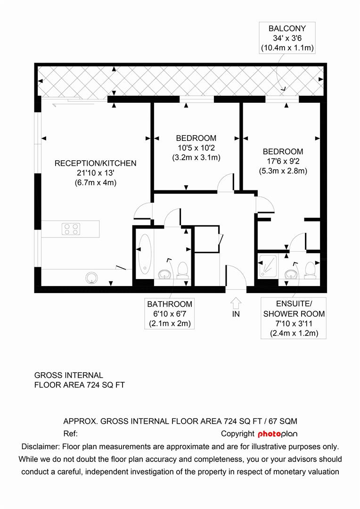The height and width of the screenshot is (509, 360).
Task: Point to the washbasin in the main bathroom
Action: (164, 274)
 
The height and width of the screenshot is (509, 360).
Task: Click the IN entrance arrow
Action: (236, 302)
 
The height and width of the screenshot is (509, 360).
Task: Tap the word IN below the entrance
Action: (236, 314)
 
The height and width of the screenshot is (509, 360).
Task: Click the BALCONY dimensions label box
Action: (287, 38)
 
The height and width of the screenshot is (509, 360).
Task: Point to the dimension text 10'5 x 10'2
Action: (196, 148)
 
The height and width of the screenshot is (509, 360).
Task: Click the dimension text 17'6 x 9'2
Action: (283, 162)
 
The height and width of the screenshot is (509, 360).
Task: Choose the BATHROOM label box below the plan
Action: (169, 314)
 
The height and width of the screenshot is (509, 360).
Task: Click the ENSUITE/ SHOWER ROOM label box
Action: (294, 319)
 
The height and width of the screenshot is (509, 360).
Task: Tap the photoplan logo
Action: (278, 434)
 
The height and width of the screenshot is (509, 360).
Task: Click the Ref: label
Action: (70, 434)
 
